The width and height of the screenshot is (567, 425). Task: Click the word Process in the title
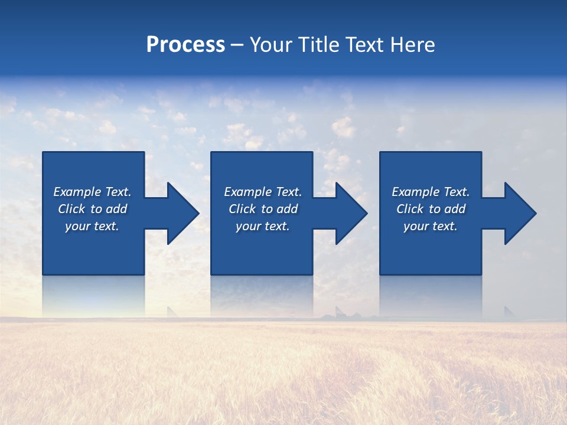185,45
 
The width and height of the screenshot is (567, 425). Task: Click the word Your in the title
271,45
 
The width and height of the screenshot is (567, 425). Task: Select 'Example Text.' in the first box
92,192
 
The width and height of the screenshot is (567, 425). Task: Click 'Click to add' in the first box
92,209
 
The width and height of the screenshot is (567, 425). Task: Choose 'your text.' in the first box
92,226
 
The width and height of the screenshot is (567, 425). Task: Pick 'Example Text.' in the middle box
263,192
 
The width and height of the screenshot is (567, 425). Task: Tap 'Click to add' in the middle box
263,209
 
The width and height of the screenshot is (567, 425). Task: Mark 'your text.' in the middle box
263,226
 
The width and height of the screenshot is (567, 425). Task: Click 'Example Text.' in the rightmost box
431,192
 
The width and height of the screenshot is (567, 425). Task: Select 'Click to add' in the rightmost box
431,209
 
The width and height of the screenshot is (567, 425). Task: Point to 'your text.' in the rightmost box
431,226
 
